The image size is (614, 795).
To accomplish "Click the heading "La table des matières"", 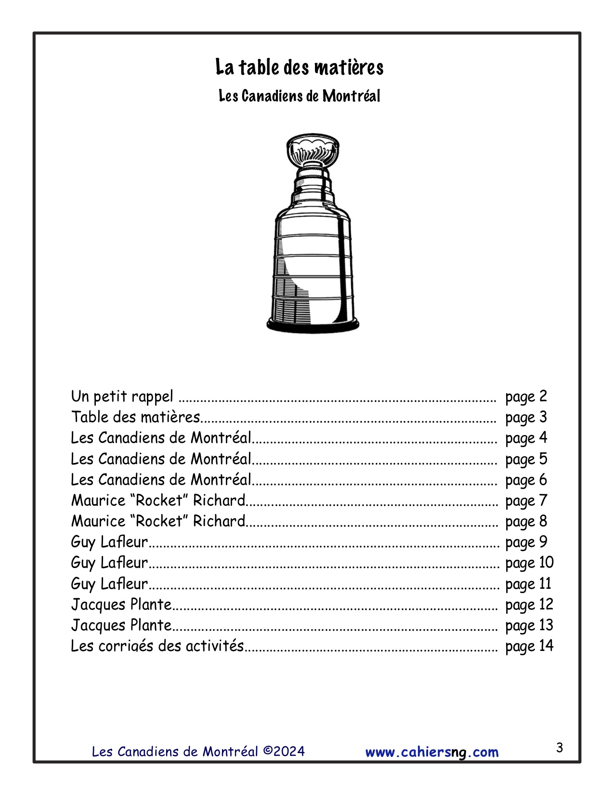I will (x=299, y=67).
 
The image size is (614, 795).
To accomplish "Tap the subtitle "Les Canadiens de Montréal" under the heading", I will (x=299, y=96).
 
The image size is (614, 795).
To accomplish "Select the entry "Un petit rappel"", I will (x=122, y=397).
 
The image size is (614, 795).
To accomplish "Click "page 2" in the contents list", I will (x=526, y=397).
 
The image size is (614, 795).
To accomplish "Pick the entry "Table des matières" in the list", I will (x=135, y=417).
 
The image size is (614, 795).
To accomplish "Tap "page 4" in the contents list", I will (x=526, y=438).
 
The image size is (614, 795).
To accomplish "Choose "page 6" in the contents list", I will (x=526, y=480).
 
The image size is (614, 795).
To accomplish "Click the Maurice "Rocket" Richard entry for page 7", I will (x=158, y=501).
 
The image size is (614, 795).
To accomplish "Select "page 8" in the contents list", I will (x=526, y=521).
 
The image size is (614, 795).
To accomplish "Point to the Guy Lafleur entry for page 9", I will (x=109, y=542).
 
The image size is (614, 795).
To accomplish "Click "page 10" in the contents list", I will (x=529, y=563).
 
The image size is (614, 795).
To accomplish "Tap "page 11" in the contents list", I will (x=528, y=584).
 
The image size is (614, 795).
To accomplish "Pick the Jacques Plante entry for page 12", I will (x=121, y=605).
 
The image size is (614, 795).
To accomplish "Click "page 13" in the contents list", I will (x=529, y=625).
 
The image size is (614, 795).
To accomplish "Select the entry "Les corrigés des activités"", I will (x=157, y=646).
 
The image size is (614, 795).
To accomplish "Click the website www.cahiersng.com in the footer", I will (x=432, y=752).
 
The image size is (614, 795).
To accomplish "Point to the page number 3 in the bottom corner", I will (x=559, y=748).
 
